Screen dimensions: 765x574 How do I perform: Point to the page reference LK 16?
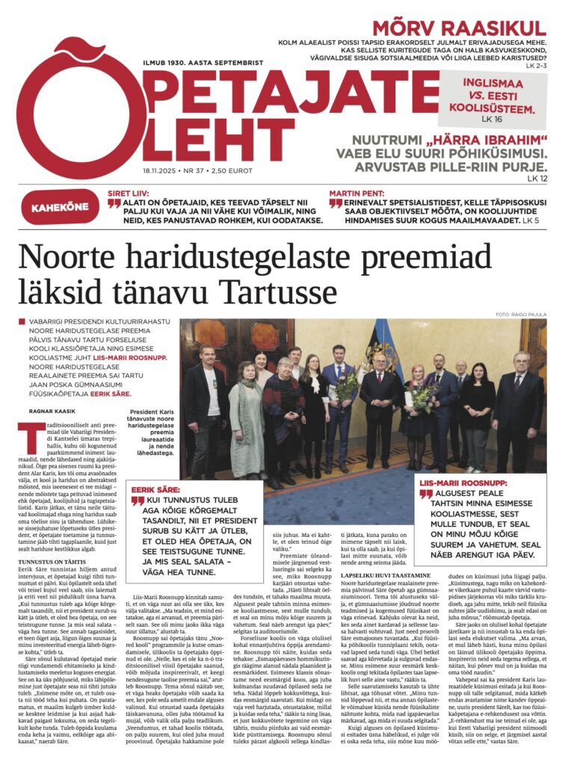(x=492, y=120)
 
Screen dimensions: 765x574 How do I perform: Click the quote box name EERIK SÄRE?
(x=152, y=489)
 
